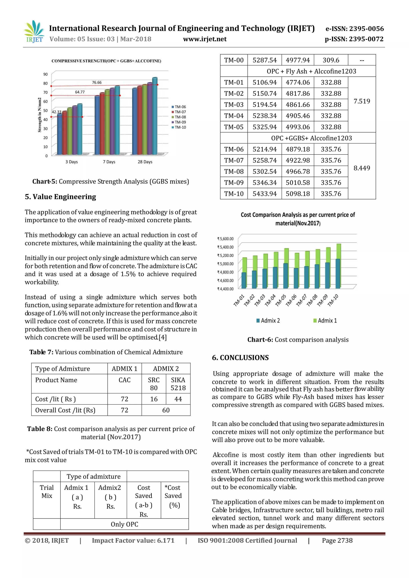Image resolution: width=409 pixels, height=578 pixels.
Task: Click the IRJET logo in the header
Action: (x=34, y=32)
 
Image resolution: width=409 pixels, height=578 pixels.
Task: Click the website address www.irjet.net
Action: (x=204, y=39)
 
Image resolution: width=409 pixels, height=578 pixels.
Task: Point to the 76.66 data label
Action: (x=97, y=83)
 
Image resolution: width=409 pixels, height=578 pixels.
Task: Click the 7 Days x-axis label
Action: (x=109, y=162)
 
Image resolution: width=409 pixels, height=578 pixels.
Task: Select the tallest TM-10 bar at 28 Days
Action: (x=155, y=116)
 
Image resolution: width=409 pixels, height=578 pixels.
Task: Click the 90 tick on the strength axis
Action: (x=45, y=74)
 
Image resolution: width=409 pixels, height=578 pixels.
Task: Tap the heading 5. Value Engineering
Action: (x=61, y=197)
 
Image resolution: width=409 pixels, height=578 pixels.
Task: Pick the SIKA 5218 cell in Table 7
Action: (x=178, y=384)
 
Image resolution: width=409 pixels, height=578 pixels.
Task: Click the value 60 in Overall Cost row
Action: (x=166, y=410)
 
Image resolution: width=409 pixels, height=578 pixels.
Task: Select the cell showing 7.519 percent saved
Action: (x=362, y=101)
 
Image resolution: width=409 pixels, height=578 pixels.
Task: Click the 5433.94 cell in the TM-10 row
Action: (x=264, y=194)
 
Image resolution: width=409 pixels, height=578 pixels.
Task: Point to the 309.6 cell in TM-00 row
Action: (x=331, y=60)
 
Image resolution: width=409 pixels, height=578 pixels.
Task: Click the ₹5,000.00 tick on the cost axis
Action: (x=225, y=264)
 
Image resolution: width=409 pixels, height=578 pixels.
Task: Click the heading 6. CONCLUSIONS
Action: (x=240, y=358)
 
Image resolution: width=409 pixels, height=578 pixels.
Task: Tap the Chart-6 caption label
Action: (x=260, y=340)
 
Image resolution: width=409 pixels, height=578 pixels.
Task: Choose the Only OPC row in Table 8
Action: (x=124, y=524)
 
